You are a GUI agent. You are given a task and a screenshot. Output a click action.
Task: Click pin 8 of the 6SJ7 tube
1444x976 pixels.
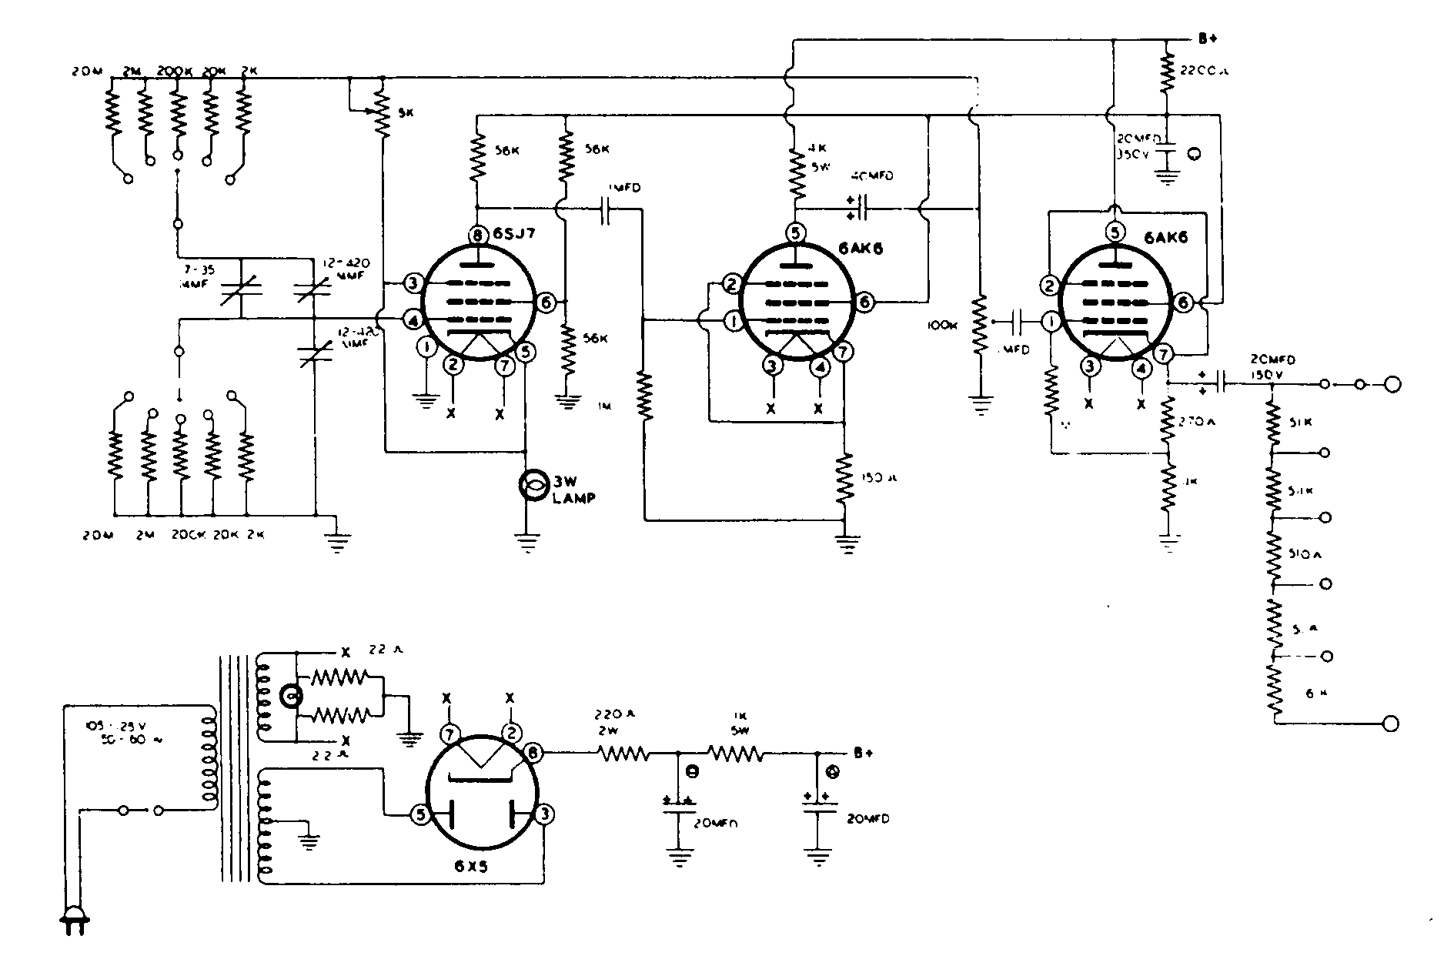479,236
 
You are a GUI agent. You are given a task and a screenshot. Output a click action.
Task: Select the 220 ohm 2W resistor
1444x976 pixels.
623,754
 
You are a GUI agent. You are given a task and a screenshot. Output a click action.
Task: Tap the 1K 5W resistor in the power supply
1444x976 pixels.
735,754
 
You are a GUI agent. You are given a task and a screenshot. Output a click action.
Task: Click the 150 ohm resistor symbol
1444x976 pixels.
845,477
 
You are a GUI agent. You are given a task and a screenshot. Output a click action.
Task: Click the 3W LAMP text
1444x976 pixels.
573,490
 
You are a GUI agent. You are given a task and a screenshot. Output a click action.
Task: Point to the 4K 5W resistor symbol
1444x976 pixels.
796,175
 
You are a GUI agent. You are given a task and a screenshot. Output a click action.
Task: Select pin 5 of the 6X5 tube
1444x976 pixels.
420,814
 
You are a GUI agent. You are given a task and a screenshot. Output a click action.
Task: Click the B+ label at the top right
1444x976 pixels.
1207,38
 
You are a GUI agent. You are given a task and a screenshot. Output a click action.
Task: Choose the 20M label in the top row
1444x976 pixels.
81,71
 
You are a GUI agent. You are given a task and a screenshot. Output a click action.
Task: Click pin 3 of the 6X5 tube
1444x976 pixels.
544,814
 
